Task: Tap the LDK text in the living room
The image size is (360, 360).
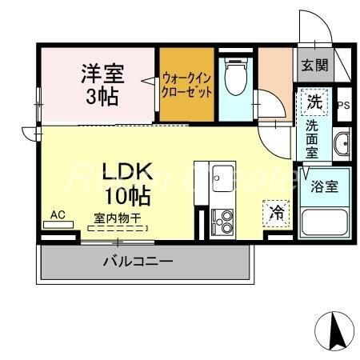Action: tap(126, 172)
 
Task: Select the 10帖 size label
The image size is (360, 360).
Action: tap(126, 194)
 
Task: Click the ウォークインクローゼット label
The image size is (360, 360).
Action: tap(186, 85)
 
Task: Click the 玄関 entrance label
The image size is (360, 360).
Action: tap(314, 66)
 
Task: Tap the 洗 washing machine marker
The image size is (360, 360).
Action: tap(314, 102)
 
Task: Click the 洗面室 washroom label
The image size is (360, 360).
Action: tap(313, 139)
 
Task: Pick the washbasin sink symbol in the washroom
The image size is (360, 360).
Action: tap(342, 143)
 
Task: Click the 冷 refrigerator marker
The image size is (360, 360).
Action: tap(276, 212)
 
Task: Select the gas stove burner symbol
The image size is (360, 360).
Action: tap(222, 221)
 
